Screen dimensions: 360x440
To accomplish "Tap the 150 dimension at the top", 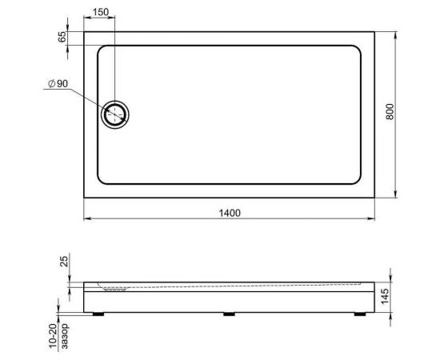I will [x=100, y=13].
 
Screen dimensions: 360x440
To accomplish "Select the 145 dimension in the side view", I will [x=386, y=298].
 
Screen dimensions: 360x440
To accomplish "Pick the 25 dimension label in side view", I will [x=63, y=262].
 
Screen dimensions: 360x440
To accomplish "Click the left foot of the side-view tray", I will [x=99, y=313].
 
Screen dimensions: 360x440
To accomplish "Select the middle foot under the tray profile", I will [x=229, y=313].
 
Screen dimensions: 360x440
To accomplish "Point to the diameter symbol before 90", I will [x=50, y=83].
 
